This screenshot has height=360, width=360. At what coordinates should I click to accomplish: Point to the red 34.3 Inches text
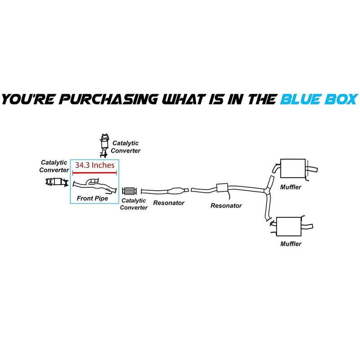pyautogui.click(x=94, y=165)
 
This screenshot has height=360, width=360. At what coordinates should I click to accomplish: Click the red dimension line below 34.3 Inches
pyautogui.click(x=94, y=172)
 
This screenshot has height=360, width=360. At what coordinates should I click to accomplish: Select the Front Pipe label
pyautogui.click(x=92, y=198)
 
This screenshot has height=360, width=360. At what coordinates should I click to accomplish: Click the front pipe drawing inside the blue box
pyautogui.click(x=94, y=184)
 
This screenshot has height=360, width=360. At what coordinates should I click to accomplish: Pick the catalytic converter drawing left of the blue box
pyautogui.click(x=56, y=181)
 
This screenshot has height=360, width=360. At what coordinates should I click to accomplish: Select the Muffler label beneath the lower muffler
pyautogui.click(x=291, y=244)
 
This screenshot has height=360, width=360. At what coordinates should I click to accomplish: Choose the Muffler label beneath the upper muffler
pyautogui.click(x=291, y=187)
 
